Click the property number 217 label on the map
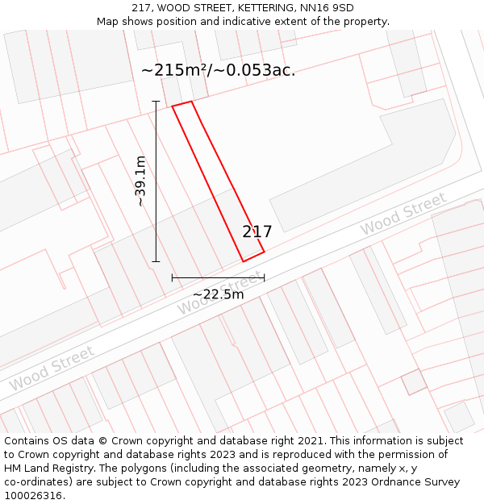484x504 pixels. [257, 232]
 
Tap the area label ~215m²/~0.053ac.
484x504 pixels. [218, 70]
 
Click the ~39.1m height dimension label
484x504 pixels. [140, 181]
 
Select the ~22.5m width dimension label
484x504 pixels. [218, 294]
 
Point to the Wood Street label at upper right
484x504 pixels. [403, 215]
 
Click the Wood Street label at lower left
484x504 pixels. [52, 369]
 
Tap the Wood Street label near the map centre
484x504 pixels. [219, 294]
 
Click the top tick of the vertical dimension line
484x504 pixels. [156, 102]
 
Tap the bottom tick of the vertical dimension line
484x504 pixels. [156, 261]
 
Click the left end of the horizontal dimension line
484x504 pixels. [173, 277]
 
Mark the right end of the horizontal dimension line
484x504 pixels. [264, 277]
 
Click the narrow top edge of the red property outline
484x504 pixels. [181, 104]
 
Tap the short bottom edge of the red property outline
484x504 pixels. [253, 256]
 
